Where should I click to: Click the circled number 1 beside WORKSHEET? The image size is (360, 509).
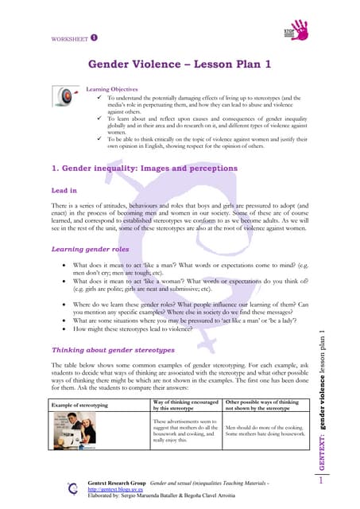(x=94, y=37)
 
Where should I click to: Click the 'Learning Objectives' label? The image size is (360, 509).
(x=112, y=90)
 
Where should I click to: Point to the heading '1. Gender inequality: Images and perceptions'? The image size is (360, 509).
(x=144, y=168)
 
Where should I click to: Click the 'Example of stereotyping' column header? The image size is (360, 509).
(x=79, y=406)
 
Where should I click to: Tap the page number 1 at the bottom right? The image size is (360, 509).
(x=322, y=480)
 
